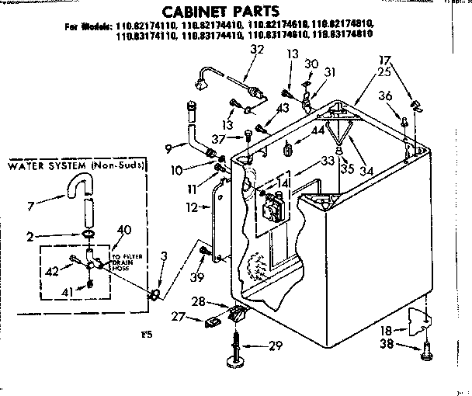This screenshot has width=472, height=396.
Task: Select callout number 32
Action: click(258, 50)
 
